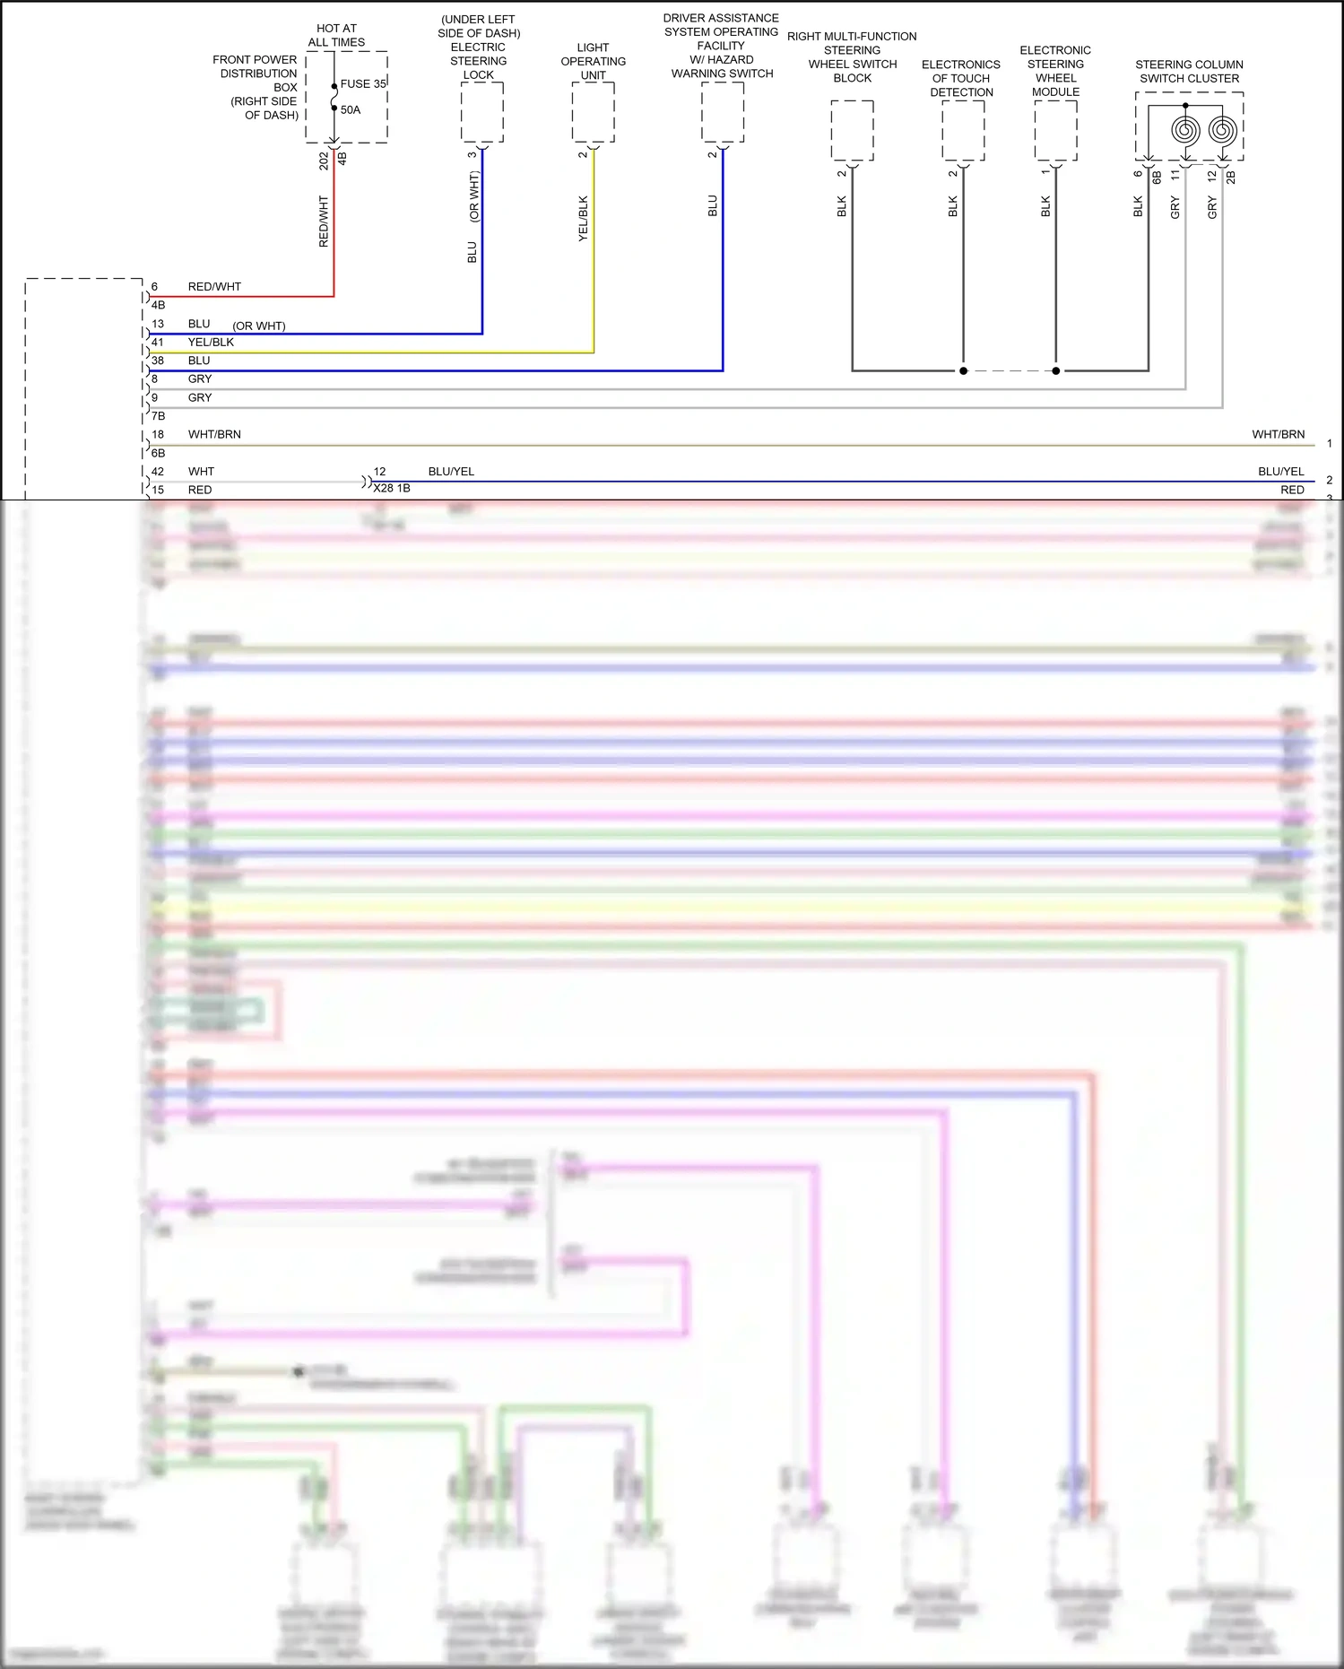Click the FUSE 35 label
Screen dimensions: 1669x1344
363,83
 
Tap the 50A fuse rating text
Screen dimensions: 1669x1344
351,109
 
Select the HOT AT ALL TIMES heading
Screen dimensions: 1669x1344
336,35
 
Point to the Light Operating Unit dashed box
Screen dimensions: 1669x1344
594,112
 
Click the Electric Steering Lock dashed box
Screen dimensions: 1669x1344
482,112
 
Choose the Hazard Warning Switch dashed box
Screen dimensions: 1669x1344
723,112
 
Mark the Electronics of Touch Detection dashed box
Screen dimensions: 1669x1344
963,131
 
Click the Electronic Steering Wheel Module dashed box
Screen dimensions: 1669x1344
1056,131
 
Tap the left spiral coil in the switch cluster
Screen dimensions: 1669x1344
1185,131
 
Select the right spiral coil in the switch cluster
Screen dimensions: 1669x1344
1222,131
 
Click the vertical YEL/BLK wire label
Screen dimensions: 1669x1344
583,218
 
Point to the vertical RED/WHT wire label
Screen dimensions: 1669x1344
324,222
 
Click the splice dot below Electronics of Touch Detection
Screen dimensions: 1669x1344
963,370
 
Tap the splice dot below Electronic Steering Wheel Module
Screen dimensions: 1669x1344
1056,370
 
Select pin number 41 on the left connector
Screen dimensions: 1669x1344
158,342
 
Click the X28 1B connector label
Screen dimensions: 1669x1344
392,488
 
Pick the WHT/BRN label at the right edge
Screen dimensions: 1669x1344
1278,434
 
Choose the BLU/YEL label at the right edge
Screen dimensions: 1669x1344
1280,471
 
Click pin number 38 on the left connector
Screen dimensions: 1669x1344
158,361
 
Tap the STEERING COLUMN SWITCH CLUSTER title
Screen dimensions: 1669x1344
1189,71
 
